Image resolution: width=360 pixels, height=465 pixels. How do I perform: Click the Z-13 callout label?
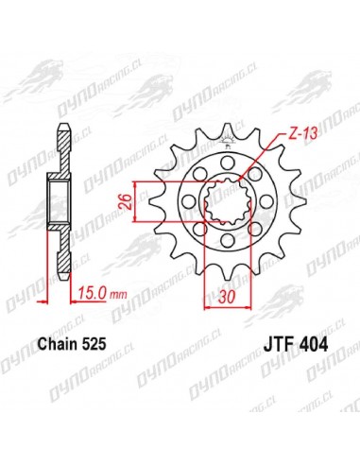[x=298, y=134]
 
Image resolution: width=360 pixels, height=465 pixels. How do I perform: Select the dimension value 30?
[x=227, y=297]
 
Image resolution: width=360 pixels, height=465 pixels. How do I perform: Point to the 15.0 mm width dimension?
[x=102, y=294]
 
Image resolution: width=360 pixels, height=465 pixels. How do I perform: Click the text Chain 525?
[x=72, y=344]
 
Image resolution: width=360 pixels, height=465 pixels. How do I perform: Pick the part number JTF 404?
[x=295, y=344]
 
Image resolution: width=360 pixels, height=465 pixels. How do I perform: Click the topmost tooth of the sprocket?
[x=227, y=130]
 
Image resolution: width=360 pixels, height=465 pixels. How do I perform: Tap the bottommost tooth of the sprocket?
[x=227, y=273]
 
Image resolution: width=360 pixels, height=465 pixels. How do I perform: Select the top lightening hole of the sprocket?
[x=226, y=163]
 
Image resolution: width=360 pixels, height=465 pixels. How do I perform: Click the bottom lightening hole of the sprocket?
[x=227, y=241]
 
